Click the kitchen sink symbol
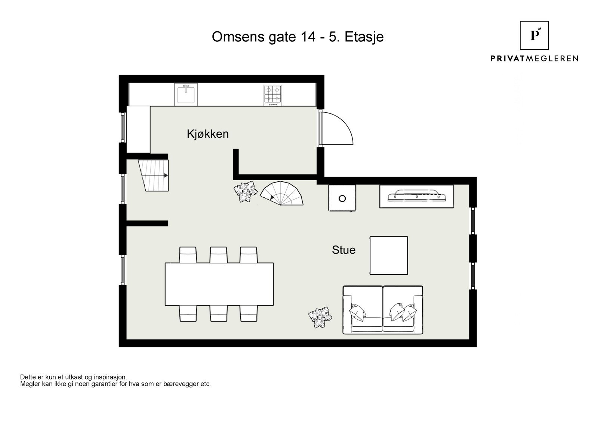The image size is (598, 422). click(x=186, y=94)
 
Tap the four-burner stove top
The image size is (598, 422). click(x=272, y=95)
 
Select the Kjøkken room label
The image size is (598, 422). click(x=207, y=134)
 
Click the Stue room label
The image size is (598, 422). click(x=343, y=250)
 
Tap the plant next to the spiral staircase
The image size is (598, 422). click(x=246, y=192)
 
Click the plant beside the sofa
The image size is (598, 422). click(x=320, y=318)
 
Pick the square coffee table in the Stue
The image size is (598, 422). click(x=388, y=256)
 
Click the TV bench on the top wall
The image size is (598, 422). click(x=416, y=196)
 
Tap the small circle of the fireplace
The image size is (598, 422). click(x=342, y=199)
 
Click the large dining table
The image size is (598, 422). click(x=219, y=284)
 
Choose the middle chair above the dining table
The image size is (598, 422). click(x=219, y=255)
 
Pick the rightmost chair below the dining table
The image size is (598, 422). click(x=249, y=313)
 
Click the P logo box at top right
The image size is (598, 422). click(x=534, y=35)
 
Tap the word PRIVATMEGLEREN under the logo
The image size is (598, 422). click(x=534, y=58)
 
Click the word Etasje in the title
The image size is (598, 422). click(x=364, y=37)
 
